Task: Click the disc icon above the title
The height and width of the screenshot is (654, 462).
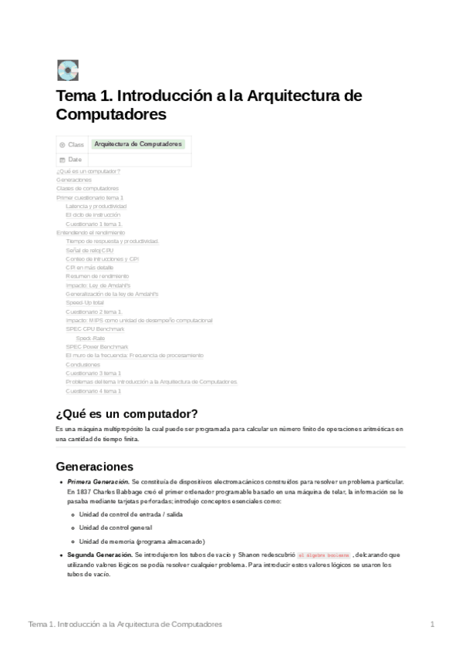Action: pos(68,70)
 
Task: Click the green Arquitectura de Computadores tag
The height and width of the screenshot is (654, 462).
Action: pos(138,143)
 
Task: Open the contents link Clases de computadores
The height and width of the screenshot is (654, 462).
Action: pos(87,188)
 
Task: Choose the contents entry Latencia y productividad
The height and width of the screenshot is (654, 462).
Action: pos(96,206)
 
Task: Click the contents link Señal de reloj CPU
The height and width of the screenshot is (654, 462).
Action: pos(89,250)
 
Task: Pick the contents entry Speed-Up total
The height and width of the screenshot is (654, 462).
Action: pos(85,303)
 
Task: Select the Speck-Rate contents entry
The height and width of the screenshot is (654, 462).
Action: pos(90,338)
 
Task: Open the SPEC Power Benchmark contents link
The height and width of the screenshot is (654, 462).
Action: pos(97,347)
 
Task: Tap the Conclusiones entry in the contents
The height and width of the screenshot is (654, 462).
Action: pos(83,364)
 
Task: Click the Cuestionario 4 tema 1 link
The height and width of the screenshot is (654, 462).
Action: pos(93,391)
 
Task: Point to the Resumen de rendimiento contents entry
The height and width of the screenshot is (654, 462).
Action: pos(97,276)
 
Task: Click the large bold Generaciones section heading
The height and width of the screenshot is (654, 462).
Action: pos(95,467)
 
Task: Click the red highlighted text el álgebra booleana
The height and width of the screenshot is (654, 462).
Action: pos(323,555)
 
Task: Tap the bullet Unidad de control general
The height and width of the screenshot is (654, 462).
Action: pos(116,528)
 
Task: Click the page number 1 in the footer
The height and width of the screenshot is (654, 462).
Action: pos(433,624)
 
